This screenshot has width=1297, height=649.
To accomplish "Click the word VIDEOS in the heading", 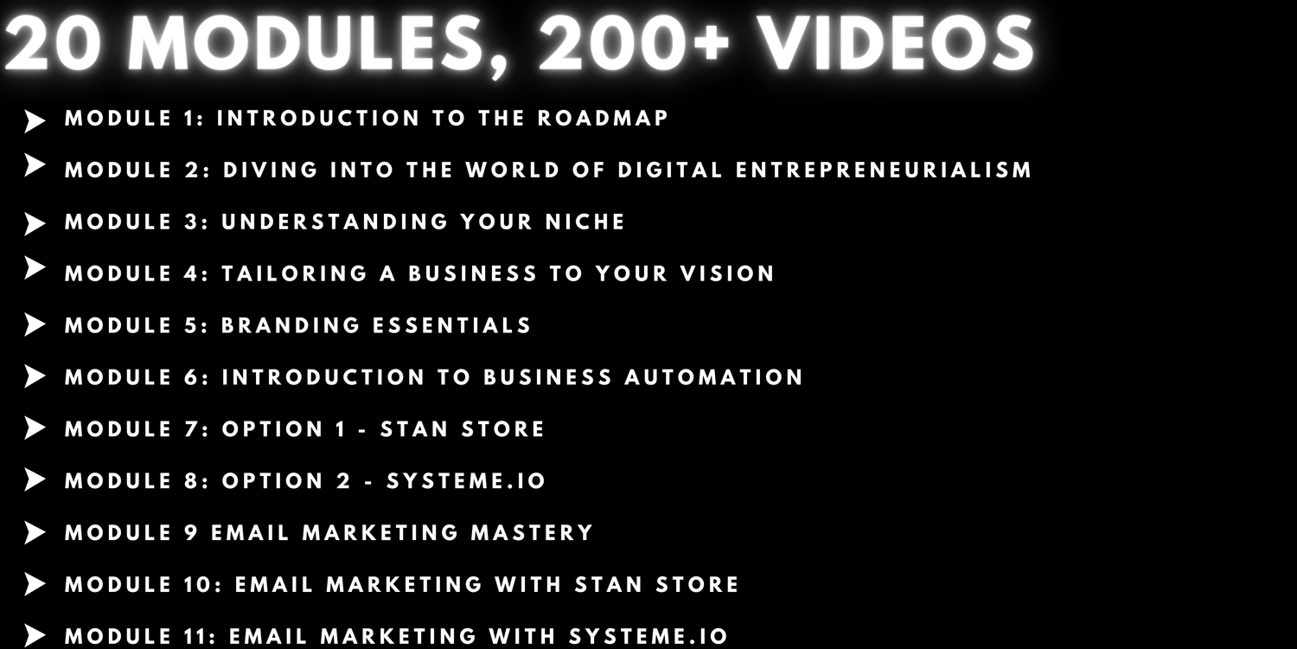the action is coord(895,44).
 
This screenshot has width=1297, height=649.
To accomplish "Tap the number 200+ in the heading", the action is coord(634,44).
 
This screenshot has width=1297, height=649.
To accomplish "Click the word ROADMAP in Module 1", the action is coord(603,119).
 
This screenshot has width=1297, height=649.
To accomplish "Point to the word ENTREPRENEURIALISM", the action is coord(884,170).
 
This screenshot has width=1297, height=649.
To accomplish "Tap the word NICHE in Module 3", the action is coord(585,222).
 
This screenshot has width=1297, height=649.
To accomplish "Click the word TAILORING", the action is coord(295,273).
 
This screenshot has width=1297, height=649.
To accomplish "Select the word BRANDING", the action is coord(291,325).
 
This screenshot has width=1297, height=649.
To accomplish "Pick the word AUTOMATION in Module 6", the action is coord(714,377).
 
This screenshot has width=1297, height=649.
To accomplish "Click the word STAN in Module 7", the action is coord(414,429).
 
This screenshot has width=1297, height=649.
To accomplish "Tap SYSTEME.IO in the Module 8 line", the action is coord(466,481).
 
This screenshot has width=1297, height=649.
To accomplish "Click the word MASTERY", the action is coord(532,533).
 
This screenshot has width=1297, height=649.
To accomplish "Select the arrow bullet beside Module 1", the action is coord(35,122).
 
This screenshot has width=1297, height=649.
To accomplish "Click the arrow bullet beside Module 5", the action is coord(35,325).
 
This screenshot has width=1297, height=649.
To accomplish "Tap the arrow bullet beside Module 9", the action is coord(35,532).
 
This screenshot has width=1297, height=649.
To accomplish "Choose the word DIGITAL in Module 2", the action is coord(670,170).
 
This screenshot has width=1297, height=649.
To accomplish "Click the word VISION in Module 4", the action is coord(727,273).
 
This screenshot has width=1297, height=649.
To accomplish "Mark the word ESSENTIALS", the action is coord(451,325).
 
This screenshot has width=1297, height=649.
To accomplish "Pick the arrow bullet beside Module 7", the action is coord(35,427).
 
